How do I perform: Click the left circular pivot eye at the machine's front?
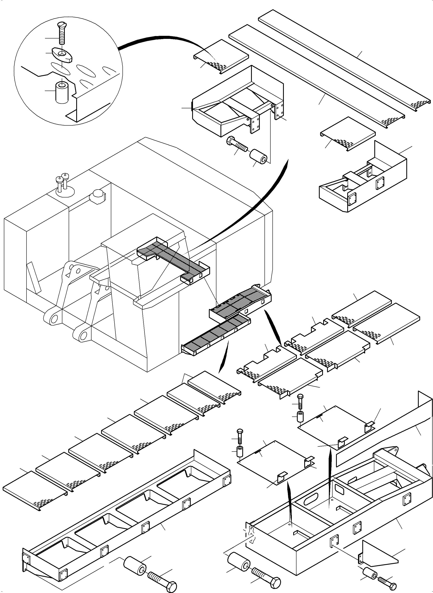(53, 319)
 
